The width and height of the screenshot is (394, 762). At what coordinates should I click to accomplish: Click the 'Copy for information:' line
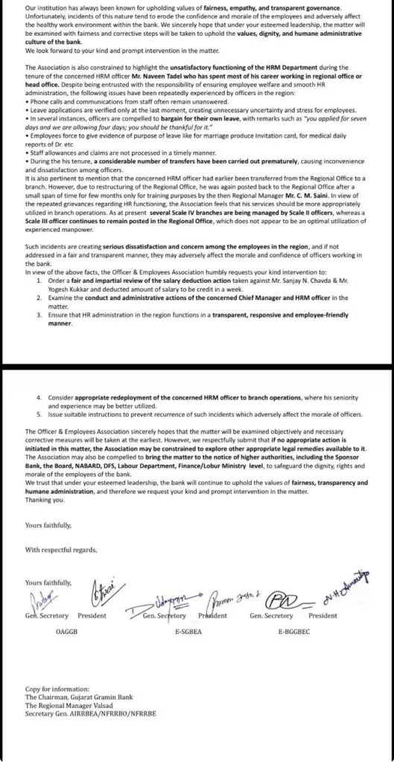pyautogui.click(x=51, y=702)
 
